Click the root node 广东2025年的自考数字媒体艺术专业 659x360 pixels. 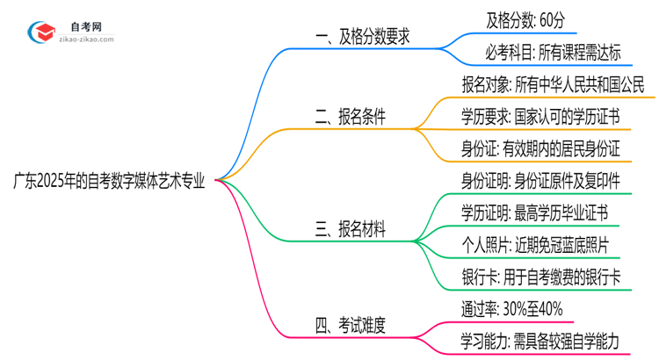pos(109,181)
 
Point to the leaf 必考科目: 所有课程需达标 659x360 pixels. pos(554,54)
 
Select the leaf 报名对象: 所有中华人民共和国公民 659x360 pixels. pos(554,86)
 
